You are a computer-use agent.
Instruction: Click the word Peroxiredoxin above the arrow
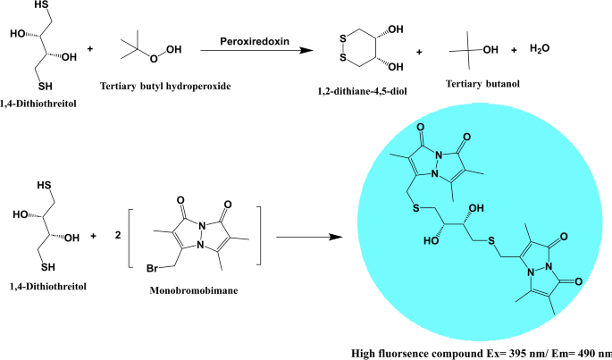pos(255,41)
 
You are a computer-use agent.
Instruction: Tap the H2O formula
pos(540,49)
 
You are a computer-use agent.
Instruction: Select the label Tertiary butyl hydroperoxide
pos(165,86)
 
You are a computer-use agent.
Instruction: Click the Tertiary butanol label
pos(482,83)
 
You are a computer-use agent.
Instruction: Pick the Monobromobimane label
pos(194,290)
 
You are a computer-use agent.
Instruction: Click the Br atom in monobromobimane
pos(152,269)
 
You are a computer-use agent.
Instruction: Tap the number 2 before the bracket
pos(118,236)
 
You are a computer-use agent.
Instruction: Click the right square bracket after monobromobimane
pos(258,236)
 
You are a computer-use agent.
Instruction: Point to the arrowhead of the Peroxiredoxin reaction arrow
pos(306,50)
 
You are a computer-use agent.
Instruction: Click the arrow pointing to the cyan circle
pos(309,237)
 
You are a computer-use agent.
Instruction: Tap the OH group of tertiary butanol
pos(490,50)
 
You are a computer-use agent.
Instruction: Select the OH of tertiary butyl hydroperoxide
pos(173,50)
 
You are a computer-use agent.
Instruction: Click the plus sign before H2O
pos(514,50)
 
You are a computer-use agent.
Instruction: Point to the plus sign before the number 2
pos(93,236)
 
